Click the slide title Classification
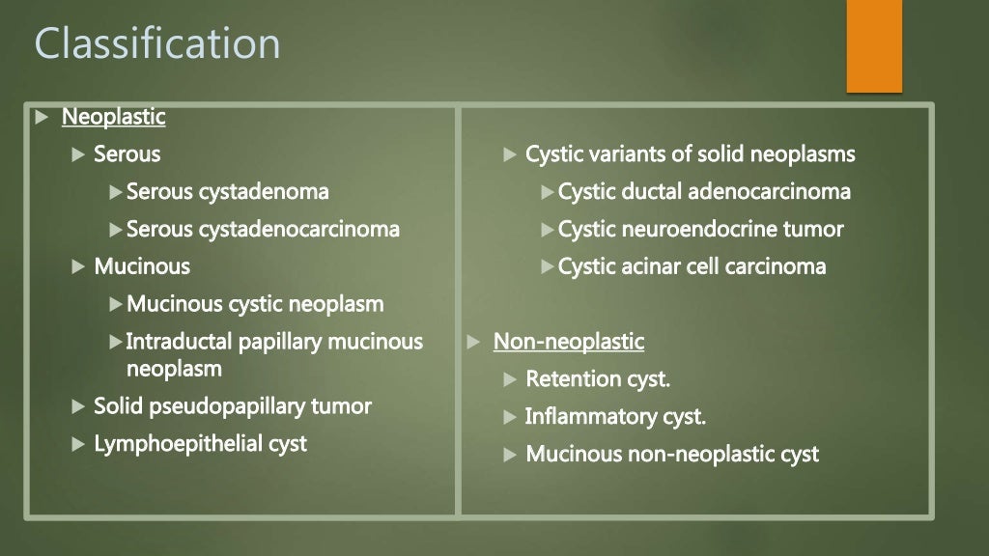tap(157, 43)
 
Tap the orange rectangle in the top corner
tap(873, 45)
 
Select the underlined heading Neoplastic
tap(113, 117)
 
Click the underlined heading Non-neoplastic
tap(568, 341)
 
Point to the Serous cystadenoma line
tap(227, 191)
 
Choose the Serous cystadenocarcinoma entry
tap(263, 229)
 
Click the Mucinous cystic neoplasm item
tap(255, 304)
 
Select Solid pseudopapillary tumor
tap(232, 405)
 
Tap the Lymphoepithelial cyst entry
tap(200, 443)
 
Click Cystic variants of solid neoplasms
tap(690, 153)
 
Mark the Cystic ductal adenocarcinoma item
tap(704, 191)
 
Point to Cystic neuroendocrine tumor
tap(700, 229)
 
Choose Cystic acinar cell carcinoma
tap(692, 266)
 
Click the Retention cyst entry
tap(597, 379)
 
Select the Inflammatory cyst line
tap(615, 417)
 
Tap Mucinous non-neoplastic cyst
tap(671, 454)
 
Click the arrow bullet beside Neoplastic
tap(41, 118)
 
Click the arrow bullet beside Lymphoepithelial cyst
tap(78, 444)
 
